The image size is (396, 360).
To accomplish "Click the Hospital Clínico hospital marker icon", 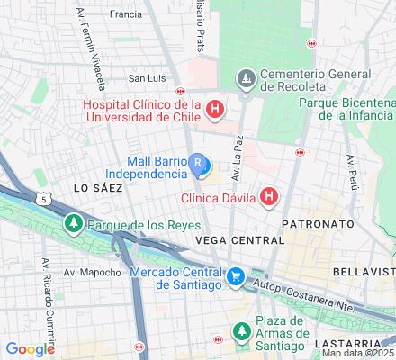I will pyautogui.click(x=214, y=111).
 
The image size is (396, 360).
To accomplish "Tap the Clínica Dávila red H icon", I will pyautogui.click(x=267, y=196).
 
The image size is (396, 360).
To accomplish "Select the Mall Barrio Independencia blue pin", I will pyautogui.click(x=199, y=165).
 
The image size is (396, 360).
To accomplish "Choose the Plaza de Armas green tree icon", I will pyautogui.click(x=241, y=332).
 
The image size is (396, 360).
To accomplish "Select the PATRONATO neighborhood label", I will pyautogui.click(x=316, y=220).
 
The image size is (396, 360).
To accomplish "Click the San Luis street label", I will pyautogui.click(x=148, y=78).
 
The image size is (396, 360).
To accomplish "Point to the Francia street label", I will pyautogui.click(x=124, y=14).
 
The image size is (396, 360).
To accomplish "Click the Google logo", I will pyautogui.click(x=30, y=348).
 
